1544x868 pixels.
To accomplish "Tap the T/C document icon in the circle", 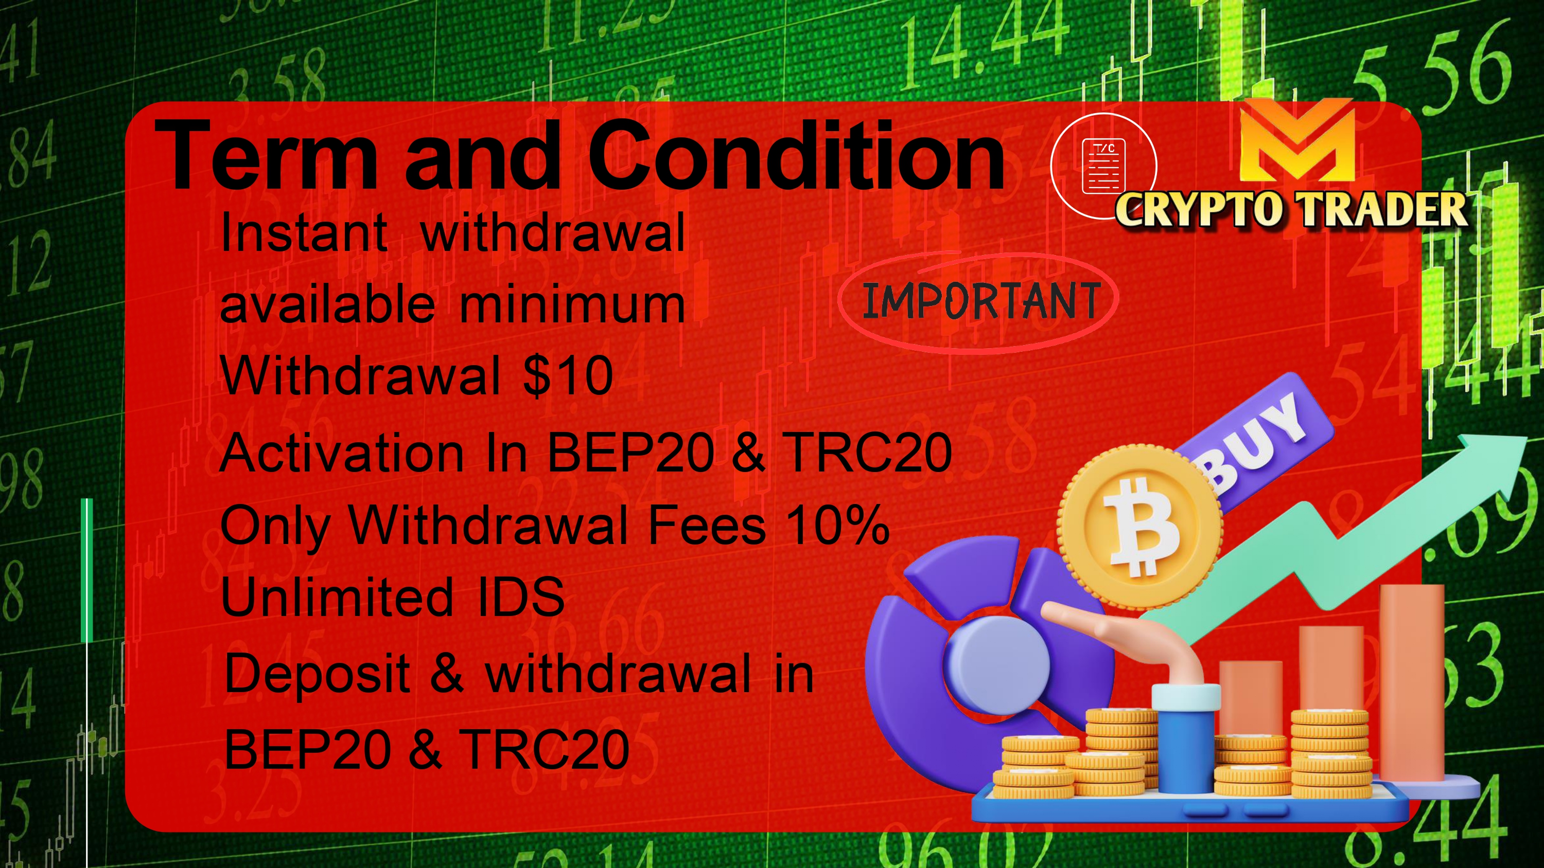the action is (x=1103, y=166).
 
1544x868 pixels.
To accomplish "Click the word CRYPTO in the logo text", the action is (x=1201, y=210).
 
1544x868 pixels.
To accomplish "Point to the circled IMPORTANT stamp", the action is (x=978, y=301).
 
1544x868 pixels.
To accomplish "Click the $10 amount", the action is (x=568, y=375).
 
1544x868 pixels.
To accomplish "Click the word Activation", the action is (x=342, y=453).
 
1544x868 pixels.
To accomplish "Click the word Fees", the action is (x=707, y=525).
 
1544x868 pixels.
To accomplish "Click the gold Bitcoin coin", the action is (x=1140, y=527).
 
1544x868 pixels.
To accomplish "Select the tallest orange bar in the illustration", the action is (x=1412, y=683).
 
